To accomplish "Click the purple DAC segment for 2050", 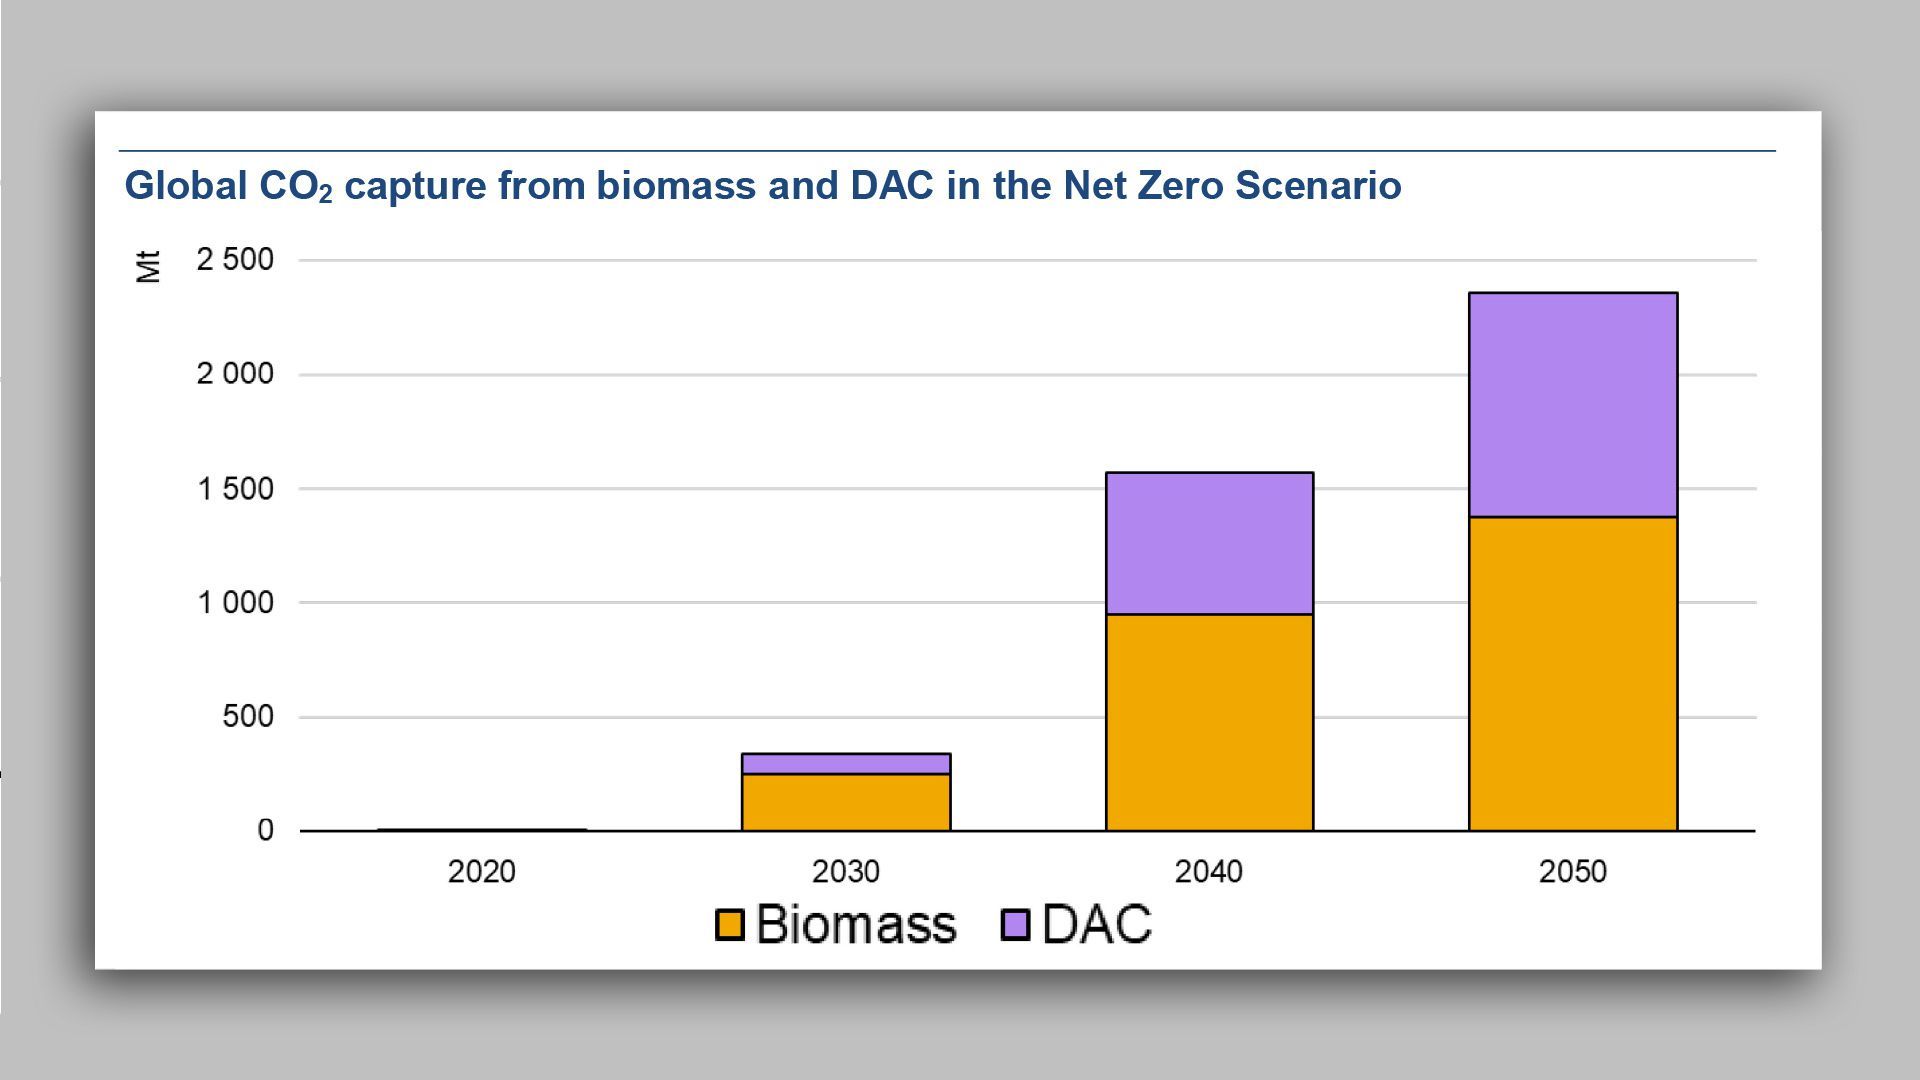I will (1573, 405).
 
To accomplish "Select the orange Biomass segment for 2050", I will (1573, 673).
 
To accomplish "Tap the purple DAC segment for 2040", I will (1209, 543).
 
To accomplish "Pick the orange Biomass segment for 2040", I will (1209, 722).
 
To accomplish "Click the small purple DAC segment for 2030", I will (846, 764).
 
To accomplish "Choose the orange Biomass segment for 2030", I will (846, 802).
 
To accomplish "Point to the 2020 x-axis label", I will (482, 872).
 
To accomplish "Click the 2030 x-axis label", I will (846, 872).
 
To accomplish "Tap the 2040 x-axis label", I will (1209, 872).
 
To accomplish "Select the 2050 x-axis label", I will (1573, 872).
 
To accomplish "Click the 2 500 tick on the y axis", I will (235, 260).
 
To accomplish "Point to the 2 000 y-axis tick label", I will (235, 374).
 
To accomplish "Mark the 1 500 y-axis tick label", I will (235, 489).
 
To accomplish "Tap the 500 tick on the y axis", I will (247, 717).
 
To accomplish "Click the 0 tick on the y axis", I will (265, 830).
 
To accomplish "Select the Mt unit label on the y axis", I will (148, 267).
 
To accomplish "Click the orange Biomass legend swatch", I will (730, 924).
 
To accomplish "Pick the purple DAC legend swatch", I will (1016, 924).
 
